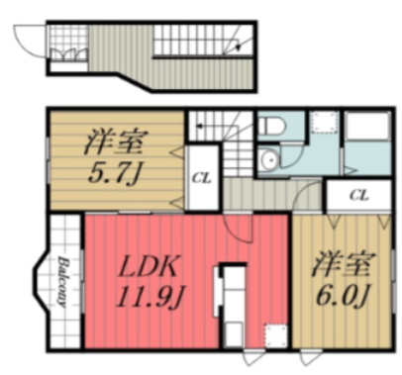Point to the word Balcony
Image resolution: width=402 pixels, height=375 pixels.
[x=61, y=282]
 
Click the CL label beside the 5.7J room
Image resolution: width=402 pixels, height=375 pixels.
[x=200, y=179]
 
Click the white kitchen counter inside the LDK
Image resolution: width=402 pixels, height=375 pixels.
[x=230, y=297]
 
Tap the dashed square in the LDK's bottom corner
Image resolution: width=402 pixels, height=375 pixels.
[x=269, y=334]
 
